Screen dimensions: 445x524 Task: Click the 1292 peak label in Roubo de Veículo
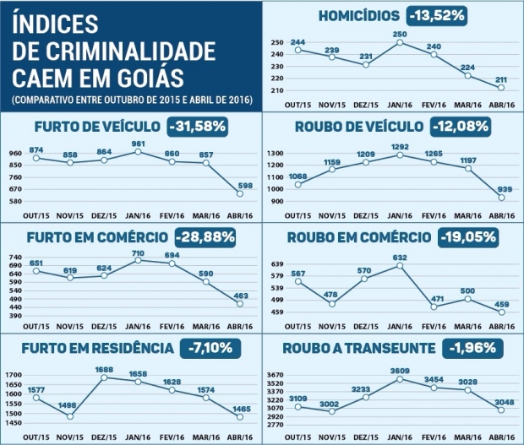(400, 146)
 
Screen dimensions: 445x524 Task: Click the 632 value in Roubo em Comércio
(400, 258)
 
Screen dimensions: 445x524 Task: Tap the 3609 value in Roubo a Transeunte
(400, 370)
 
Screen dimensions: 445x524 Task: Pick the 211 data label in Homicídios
(502, 79)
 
